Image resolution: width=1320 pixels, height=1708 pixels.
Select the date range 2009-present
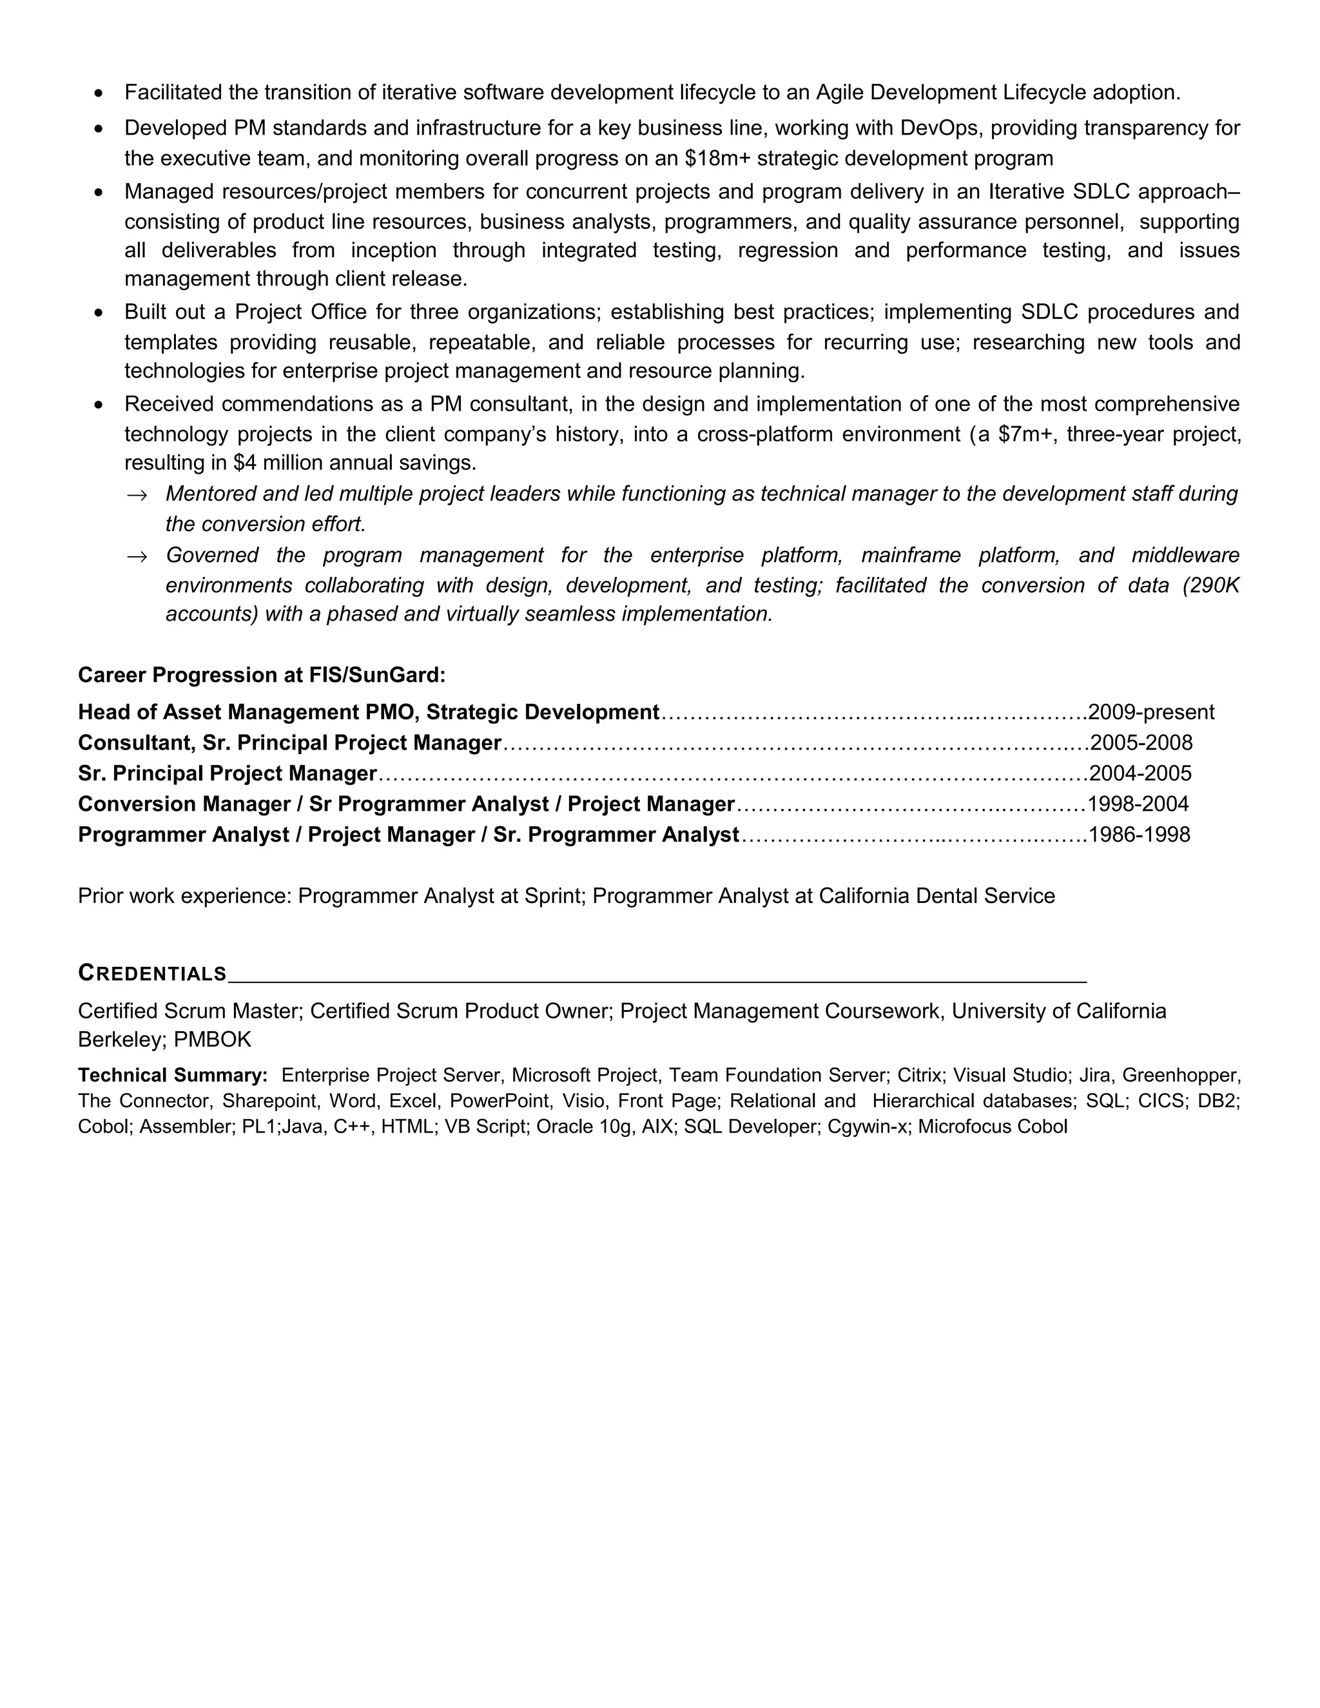click(x=1150, y=712)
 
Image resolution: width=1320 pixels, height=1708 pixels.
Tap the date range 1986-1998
click(x=1139, y=835)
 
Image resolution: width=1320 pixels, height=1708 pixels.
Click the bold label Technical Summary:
click(x=173, y=1075)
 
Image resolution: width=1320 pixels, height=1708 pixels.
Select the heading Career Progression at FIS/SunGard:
click(x=261, y=675)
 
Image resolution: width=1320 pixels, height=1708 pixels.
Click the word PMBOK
click(x=213, y=1040)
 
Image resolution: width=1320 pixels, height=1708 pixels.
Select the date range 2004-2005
click(x=1140, y=774)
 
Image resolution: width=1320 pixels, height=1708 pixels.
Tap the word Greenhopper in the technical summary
click(x=1180, y=1075)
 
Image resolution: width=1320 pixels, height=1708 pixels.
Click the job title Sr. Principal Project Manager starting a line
click(x=227, y=774)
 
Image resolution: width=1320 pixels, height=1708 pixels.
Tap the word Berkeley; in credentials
click(x=120, y=1040)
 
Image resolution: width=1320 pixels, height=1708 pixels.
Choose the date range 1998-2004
click(x=1137, y=805)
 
